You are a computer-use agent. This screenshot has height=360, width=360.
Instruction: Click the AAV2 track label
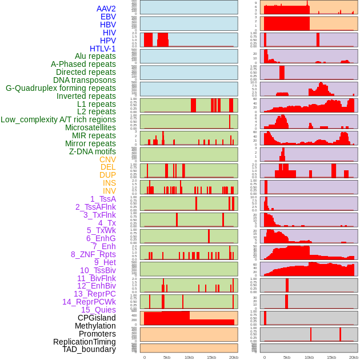pyautogui.click(x=106, y=9)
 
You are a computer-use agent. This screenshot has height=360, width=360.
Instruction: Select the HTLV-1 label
pyautogui.click(x=102, y=49)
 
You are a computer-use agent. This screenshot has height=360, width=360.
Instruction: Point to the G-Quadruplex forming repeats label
pyautogui.click(x=61, y=88)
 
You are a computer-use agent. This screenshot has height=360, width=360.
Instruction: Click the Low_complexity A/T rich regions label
pyautogui.click(x=58, y=119)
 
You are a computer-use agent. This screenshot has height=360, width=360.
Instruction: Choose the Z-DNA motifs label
pyautogui.click(x=92, y=151)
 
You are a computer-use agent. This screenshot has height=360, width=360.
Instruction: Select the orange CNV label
pyautogui.click(x=107, y=159)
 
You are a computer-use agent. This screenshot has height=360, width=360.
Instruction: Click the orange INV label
pyautogui.click(x=109, y=191)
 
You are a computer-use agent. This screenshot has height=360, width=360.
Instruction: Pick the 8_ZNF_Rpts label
pyautogui.click(x=93, y=254)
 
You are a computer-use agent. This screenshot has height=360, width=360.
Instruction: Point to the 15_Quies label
pyautogui.click(x=98, y=310)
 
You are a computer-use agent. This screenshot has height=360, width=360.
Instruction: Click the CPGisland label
pyautogui.click(x=97, y=318)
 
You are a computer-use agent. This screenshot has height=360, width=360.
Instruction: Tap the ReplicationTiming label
pyautogui.click(x=84, y=342)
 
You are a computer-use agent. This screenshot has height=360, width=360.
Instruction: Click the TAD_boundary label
pyautogui.click(x=89, y=349)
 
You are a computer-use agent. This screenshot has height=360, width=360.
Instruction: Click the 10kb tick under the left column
pyautogui.click(x=189, y=357)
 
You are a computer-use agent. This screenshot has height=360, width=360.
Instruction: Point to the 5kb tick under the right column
pyautogui.click(x=287, y=357)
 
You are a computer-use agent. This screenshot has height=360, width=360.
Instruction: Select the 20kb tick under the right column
pyautogui.click(x=354, y=357)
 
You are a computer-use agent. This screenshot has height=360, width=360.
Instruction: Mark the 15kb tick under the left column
pyautogui.click(x=211, y=357)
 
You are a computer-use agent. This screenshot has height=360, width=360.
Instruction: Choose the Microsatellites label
pyautogui.click(x=90, y=127)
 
